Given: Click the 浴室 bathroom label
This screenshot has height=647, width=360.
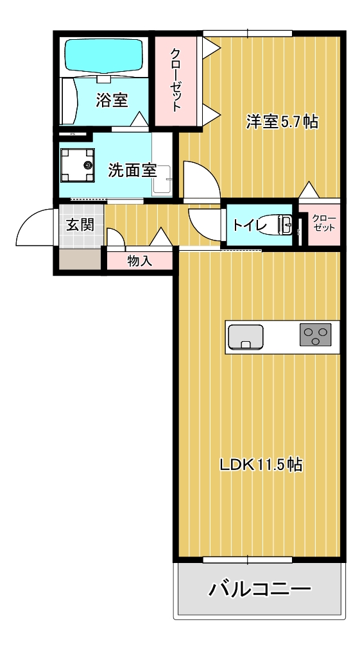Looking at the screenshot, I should pos(112,100).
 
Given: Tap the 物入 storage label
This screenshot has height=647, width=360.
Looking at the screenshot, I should pos(139,261).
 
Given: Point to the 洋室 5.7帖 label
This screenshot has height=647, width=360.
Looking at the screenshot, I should pos(282,121).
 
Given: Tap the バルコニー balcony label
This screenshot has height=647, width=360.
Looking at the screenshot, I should pos(260,588).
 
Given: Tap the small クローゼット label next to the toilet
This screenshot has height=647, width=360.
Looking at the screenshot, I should pos(323,223).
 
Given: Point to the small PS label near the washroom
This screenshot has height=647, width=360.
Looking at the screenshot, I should pos(73,134).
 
